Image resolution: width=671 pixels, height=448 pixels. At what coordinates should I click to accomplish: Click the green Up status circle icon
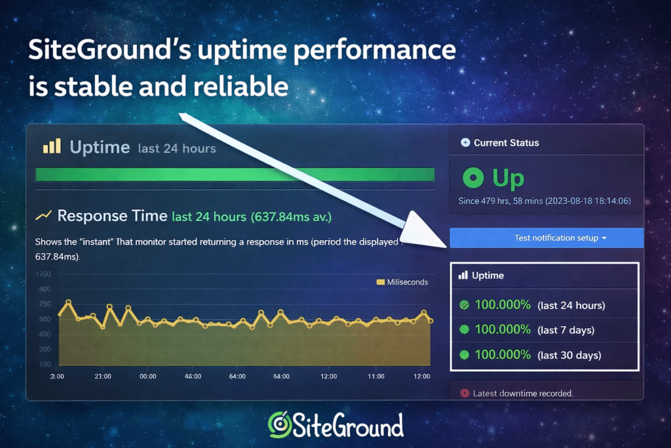coord(472,178)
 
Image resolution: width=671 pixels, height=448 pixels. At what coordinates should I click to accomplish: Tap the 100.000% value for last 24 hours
coord(503,305)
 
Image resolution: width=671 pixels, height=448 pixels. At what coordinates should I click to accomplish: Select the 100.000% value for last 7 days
coord(503,330)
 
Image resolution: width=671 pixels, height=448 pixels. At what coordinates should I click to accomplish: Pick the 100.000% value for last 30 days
coord(503,355)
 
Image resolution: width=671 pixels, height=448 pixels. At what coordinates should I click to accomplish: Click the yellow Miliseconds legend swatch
coord(380,282)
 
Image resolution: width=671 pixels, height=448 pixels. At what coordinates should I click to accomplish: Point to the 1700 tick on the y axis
coord(44,274)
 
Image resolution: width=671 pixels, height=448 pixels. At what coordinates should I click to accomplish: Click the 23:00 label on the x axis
coord(103,377)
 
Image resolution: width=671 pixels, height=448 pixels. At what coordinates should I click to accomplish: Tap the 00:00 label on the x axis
coord(148,377)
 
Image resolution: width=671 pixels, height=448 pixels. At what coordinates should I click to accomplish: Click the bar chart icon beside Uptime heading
coord(52,146)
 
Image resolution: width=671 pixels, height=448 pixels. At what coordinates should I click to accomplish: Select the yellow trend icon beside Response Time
coord(44,215)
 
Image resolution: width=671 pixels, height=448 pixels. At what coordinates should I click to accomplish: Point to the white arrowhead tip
coord(449,246)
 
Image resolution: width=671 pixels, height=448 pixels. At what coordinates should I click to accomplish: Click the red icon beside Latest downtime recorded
coord(465,394)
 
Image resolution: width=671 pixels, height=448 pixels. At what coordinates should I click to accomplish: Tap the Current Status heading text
coord(506,142)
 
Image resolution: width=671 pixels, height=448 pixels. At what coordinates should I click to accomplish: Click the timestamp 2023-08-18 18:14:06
coord(588,201)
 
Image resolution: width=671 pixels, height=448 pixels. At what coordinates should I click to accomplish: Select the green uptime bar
coord(235,174)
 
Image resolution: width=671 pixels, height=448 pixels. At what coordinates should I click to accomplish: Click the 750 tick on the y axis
coord(44,304)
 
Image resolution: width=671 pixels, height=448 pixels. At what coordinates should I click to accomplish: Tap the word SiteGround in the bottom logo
coord(348,425)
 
